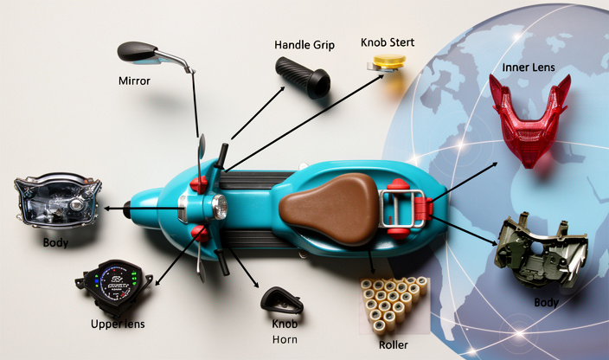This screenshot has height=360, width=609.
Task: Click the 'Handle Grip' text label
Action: (304, 45)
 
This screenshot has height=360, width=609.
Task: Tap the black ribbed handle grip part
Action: (303, 76)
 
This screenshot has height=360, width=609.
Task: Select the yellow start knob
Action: (387, 63)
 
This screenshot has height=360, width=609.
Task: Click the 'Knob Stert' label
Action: (388, 42)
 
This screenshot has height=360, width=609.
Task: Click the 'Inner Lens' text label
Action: (529, 67)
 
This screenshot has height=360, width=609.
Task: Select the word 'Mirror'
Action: (134, 80)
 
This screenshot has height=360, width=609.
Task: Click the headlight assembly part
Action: (57, 200)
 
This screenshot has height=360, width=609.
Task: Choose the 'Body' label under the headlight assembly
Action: (55, 242)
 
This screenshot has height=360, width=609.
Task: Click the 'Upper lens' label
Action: (118, 324)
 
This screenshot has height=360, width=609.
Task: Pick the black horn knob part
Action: (282, 300)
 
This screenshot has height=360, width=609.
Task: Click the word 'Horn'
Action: (285, 339)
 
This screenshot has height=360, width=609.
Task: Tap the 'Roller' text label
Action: (394, 344)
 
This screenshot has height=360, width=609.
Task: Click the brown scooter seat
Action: (330, 209)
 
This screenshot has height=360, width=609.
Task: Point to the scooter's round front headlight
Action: (220, 207)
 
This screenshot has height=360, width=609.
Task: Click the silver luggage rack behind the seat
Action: (402, 209)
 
